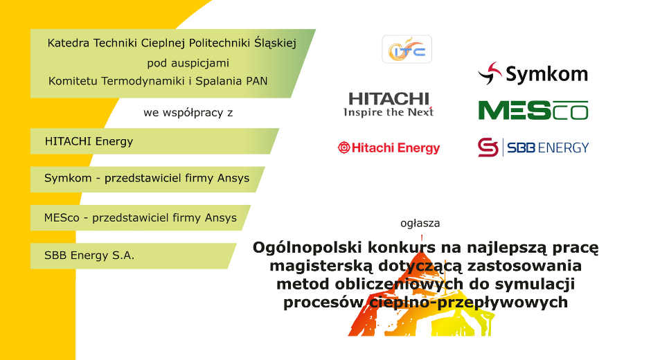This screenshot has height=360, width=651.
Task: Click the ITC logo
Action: click(x=407, y=49)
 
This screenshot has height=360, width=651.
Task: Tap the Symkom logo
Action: click(x=533, y=73)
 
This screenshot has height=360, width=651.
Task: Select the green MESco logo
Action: click(x=533, y=110)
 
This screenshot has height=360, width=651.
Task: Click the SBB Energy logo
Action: click(x=533, y=147)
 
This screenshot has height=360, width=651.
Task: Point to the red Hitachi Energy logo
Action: click(x=389, y=147)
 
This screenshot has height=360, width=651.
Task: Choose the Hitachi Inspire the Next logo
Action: click(x=389, y=105)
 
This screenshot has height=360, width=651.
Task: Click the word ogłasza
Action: click(x=420, y=224)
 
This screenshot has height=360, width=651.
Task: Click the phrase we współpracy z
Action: click(x=188, y=112)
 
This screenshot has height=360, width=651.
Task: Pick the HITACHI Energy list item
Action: click(x=89, y=141)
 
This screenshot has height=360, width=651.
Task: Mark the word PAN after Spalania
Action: click(x=256, y=81)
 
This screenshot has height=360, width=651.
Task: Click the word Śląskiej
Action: click(x=276, y=43)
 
